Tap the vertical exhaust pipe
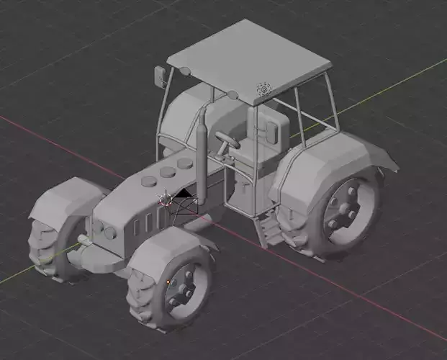pos(202,155)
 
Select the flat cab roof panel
pos(249,55)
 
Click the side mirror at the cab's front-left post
pos(160,74)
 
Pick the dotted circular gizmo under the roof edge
pos(263,89)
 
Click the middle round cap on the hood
pos(168,171)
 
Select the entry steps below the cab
pos(269,230)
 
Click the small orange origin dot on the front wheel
pos(168,280)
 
